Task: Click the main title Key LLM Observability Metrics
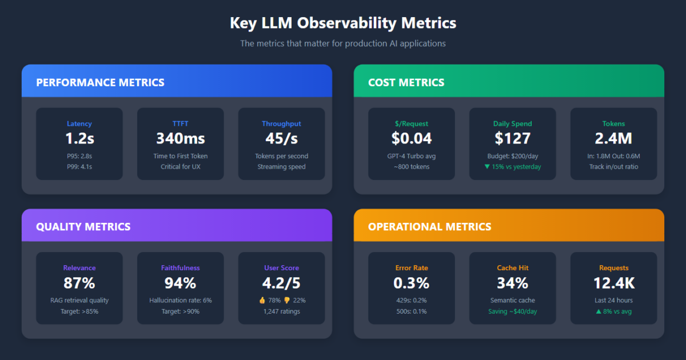coord(343,23)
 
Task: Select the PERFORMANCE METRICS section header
coord(100,82)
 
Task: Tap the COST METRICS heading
coord(406,82)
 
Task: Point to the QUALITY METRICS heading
coord(83,227)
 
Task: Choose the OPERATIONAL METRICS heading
coord(429,227)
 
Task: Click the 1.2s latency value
coord(79,138)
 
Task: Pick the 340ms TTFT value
coord(180,138)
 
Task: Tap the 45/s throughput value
coord(281,138)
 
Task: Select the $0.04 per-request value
coord(411,138)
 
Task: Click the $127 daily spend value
coord(512,138)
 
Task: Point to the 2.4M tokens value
coord(613,138)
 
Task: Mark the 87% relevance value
coord(79,283)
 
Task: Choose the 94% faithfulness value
coord(180,283)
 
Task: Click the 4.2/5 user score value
coord(281,283)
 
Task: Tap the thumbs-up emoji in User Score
coord(262,300)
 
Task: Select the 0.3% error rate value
coord(411,283)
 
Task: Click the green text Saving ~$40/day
coord(512,311)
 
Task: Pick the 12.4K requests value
coord(613,283)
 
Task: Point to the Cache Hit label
coord(512,267)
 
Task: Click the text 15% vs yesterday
coord(516,167)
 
